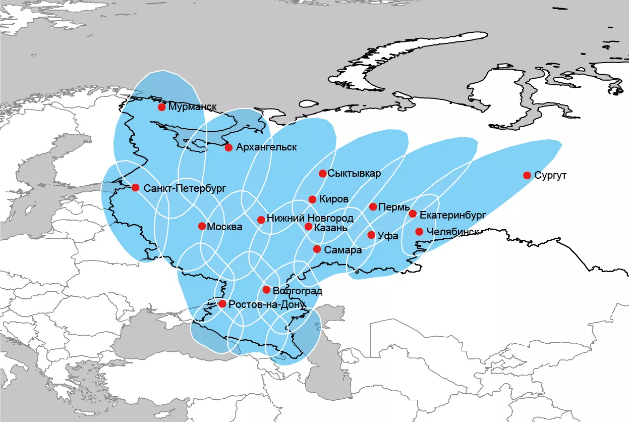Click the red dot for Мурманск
click(161, 107)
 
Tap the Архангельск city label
click(266, 147)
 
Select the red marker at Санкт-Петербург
click(135, 188)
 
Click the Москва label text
click(224, 227)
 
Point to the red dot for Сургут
click(527, 175)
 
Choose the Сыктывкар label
click(354, 174)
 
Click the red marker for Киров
click(312, 199)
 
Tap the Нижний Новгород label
click(310, 219)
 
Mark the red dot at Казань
click(308, 227)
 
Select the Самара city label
click(344, 250)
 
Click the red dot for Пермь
click(373, 206)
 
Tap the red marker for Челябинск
click(419, 232)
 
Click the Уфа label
click(388, 236)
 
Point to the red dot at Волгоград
click(266, 290)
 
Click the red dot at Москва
click(202, 226)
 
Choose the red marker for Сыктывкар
click(322, 173)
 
